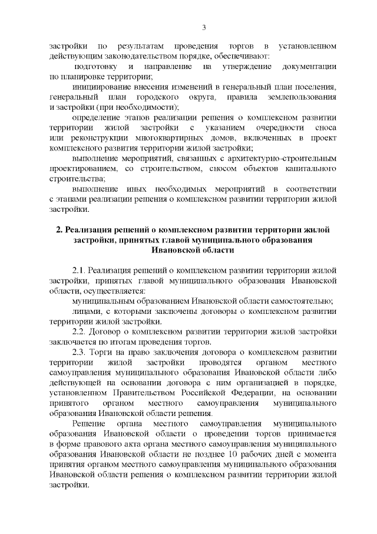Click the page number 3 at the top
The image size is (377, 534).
204,27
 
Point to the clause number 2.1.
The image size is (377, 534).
80,270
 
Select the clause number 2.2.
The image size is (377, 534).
80,331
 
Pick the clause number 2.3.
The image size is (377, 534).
80,352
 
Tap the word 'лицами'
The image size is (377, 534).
85,310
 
